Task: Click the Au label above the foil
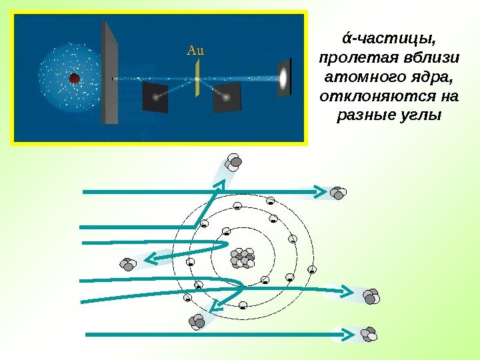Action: (196, 49)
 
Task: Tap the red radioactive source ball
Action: (75, 79)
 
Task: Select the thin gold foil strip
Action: (197, 79)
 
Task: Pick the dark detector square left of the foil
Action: (155, 97)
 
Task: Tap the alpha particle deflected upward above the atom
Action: (234, 163)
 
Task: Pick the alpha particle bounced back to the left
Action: (129, 263)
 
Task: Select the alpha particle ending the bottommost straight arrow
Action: (367, 333)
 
